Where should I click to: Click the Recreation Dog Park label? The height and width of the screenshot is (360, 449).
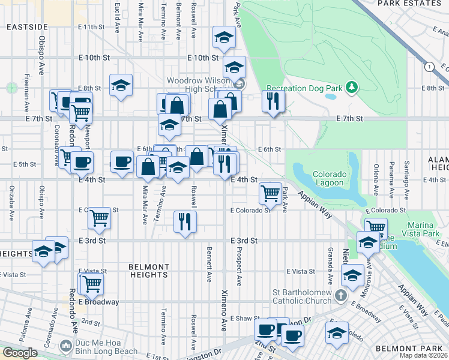304,88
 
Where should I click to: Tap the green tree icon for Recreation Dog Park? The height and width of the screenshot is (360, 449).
352,88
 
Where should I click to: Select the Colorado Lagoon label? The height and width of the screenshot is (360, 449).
329,178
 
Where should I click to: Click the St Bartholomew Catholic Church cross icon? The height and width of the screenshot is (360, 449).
340,295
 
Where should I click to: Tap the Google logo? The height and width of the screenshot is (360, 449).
20,353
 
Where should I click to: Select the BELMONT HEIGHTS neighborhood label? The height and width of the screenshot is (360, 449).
149,271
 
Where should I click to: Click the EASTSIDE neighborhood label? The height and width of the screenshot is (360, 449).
27,27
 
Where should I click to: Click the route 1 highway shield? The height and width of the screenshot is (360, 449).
429,67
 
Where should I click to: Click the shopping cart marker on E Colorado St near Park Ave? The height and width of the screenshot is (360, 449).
271,194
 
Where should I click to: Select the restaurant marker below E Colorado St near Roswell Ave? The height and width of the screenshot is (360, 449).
185,221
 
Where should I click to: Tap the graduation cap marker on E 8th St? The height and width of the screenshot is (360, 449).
121,86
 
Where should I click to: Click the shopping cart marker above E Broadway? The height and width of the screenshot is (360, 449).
92,283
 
